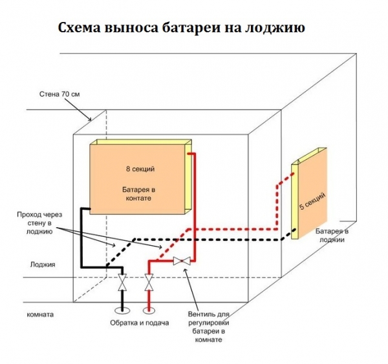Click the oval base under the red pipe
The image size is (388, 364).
[149, 311]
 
